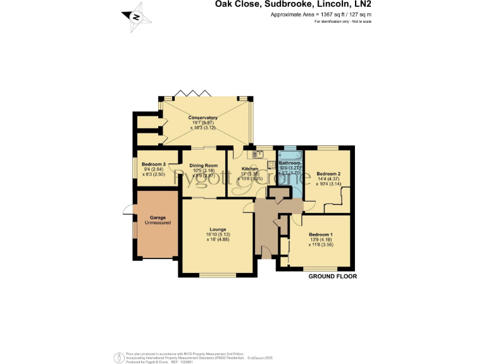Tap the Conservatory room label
click(202, 118)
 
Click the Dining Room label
click(202, 165)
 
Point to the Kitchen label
click(249, 169)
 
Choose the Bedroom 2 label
click(329, 173)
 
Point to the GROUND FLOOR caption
click(333, 277)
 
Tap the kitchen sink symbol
click(260, 154)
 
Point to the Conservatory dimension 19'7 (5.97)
click(202, 123)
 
